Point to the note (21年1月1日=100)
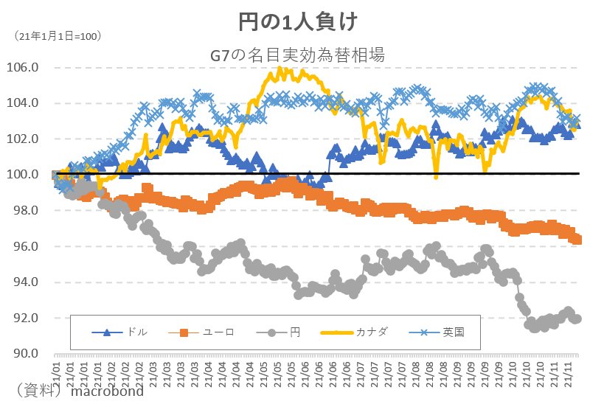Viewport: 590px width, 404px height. (x=58, y=35)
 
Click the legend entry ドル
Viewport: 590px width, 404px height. (x=137, y=332)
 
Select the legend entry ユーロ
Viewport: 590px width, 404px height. (x=218, y=332)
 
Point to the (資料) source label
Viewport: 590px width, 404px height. (x=38, y=389)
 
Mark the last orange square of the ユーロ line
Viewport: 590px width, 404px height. (x=577, y=240)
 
